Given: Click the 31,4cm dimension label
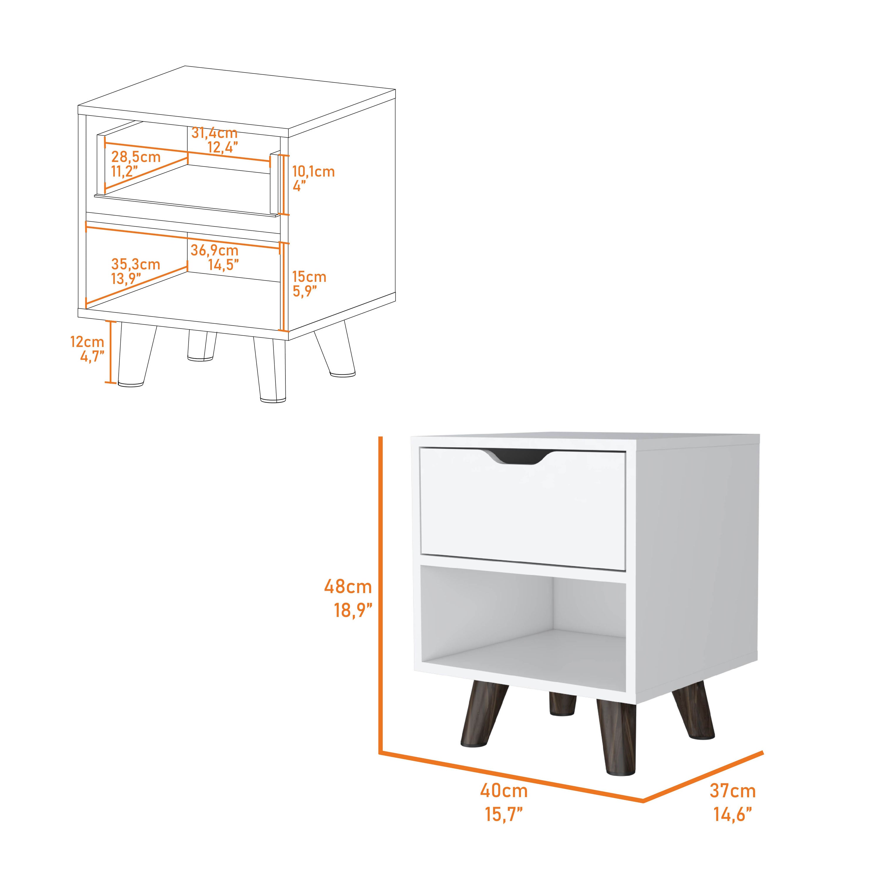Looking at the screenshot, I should [x=214, y=133].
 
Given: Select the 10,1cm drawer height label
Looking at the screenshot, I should [x=313, y=172].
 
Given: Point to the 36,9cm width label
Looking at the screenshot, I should [x=214, y=250].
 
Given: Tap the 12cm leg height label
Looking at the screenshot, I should [x=87, y=342].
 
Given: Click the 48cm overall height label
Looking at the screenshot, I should [x=348, y=586].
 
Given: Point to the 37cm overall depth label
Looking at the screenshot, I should [x=733, y=791].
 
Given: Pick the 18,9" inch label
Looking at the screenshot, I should [x=353, y=610].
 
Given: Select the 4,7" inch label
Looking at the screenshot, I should [x=92, y=357].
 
